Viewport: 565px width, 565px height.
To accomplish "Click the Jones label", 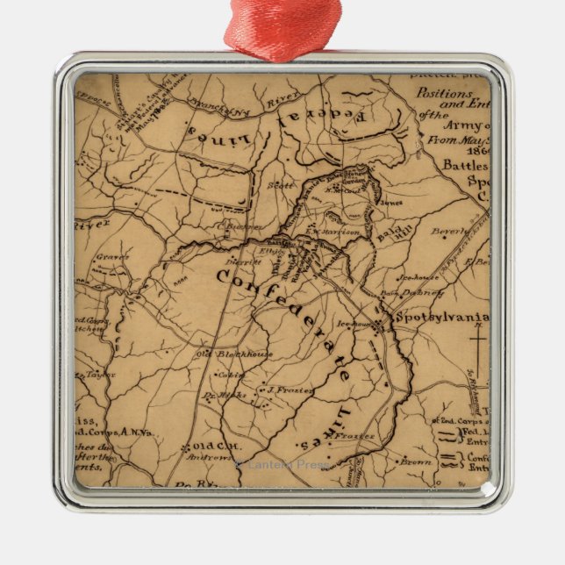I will (391, 201).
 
